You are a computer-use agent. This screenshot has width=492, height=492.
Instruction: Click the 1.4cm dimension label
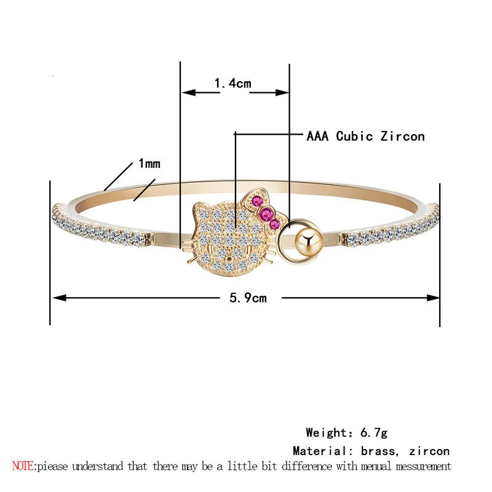coord(232,83)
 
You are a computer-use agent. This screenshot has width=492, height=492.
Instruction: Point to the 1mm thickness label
coord(149,164)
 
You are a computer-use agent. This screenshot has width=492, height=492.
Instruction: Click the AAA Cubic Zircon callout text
coord(365,136)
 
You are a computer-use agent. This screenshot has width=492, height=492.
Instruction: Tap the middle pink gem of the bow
coord(268,213)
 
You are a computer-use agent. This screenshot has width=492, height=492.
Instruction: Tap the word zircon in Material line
coord(429,451)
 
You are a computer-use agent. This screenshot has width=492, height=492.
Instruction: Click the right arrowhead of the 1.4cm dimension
coord(284,93)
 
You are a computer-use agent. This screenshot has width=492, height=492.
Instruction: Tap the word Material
coord(317,451)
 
